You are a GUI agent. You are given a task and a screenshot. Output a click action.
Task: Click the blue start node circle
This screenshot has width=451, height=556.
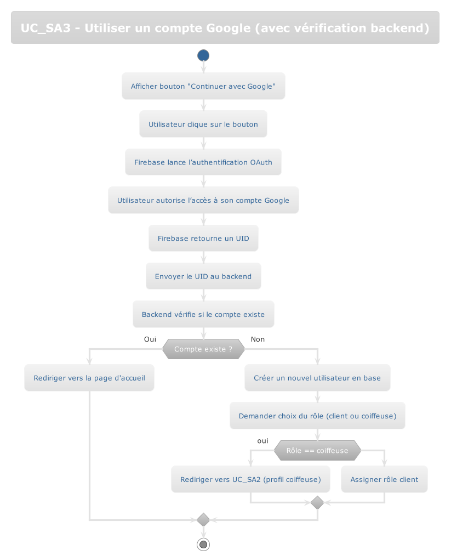pos(203,55)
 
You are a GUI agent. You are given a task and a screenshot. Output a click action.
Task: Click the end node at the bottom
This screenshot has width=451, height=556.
pos(203,544)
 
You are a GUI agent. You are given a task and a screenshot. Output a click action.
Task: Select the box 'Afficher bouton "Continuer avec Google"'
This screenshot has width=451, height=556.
pos(203,86)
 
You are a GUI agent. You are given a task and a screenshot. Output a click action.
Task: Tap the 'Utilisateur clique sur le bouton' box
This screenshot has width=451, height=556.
pos(203,124)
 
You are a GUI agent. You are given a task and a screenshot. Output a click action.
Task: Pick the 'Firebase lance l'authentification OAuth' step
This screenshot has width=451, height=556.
pos(203,162)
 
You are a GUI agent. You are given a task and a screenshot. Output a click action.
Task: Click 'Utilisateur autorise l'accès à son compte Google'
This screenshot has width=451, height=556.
pos(203,200)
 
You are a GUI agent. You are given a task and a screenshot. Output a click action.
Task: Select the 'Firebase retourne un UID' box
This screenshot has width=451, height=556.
pos(203,239)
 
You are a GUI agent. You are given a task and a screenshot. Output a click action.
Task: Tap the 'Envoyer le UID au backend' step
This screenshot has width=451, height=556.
pos(203,276)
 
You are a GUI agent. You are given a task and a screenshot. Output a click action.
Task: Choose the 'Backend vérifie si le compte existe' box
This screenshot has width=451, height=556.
pos(203,314)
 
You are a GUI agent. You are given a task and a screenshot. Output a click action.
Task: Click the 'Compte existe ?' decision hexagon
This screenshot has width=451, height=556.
pos(203,349)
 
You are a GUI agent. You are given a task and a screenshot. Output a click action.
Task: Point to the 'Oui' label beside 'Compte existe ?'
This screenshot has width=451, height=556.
pos(150,339)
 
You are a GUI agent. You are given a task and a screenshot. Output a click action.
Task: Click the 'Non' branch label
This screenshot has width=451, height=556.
pos(258,339)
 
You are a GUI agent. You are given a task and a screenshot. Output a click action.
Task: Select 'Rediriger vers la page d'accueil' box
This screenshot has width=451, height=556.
pos(89,378)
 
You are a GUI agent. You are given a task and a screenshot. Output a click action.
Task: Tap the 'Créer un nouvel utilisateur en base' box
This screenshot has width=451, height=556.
pos(317,378)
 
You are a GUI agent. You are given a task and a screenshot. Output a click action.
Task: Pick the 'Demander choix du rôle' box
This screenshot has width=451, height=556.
pos(317,416)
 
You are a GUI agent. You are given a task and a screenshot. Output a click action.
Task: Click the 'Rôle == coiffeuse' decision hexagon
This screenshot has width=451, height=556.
pos(317,451)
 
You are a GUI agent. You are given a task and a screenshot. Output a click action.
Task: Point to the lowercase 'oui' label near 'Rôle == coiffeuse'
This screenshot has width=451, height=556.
pos(262,441)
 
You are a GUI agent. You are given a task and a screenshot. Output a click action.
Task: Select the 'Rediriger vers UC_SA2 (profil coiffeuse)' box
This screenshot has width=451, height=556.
pos(250,479)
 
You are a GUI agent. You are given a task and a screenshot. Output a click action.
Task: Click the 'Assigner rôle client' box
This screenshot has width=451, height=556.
pos(384,479)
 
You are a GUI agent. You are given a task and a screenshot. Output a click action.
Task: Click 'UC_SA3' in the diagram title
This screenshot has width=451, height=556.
pos(45,28)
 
